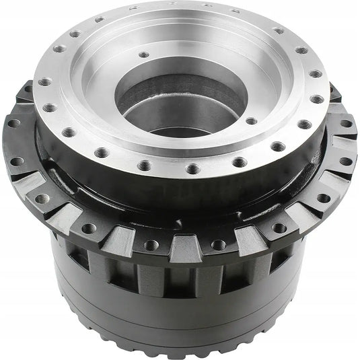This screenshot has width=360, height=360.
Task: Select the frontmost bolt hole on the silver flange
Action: coord(190,169)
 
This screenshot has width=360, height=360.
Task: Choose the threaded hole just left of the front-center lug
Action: coord(152,244)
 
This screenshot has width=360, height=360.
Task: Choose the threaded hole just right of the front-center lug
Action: coord(217,244)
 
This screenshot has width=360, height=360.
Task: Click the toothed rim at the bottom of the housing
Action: coord(182,340)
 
